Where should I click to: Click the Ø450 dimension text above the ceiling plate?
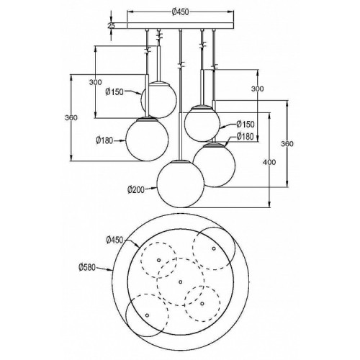[181, 12]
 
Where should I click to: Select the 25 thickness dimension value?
[111, 26]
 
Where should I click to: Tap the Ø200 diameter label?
[136, 190]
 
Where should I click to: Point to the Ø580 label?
[87, 267]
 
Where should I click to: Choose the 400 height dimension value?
[269, 162]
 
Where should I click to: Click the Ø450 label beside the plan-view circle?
[114, 240]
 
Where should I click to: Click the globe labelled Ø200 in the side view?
[181, 184]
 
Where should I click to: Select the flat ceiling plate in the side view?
[181, 26]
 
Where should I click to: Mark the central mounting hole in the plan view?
[181, 282]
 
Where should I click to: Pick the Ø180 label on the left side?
[104, 140]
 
